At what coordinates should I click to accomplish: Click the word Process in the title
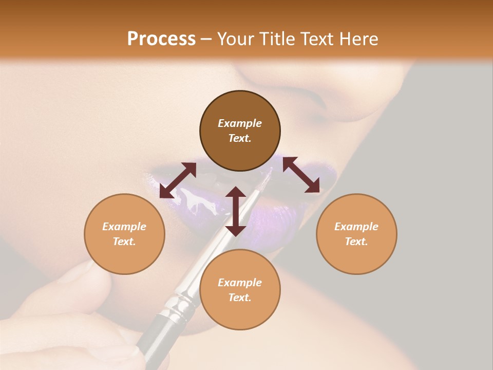click(161, 39)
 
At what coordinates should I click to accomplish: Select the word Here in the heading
click(358, 39)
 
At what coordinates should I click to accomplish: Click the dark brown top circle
click(240, 131)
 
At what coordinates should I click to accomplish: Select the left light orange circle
click(124, 234)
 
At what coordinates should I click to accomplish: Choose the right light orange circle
click(356, 234)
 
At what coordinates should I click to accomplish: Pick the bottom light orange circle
click(240, 290)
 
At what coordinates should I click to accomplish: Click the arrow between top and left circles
click(178, 180)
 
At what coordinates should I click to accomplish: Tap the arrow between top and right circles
click(301, 175)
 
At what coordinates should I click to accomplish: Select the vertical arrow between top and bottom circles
click(236, 211)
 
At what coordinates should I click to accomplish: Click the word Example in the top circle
click(240, 123)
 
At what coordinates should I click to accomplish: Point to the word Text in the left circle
click(124, 242)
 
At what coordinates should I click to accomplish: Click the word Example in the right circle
click(356, 227)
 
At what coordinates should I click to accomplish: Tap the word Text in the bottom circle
click(240, 298)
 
